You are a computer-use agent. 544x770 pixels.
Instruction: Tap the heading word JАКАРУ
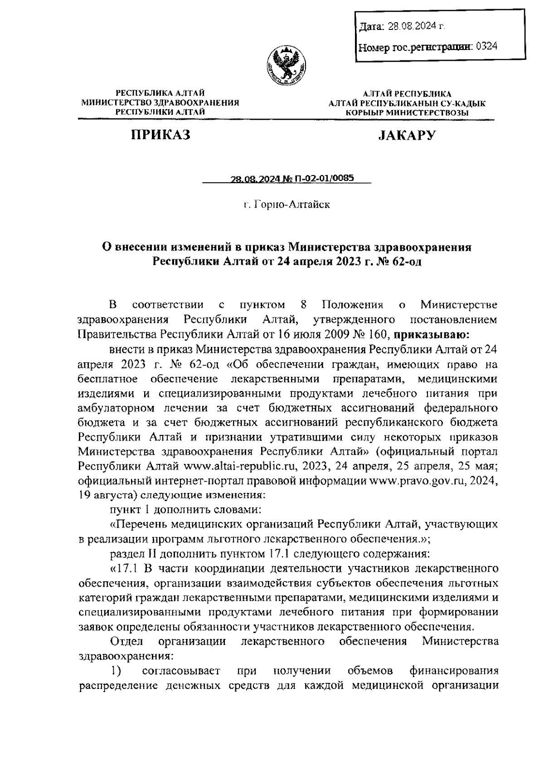coord(407,135)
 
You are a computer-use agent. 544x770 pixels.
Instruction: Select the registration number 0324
coord(486,46)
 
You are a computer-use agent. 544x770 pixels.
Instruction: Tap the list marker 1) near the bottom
coord(117,670)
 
